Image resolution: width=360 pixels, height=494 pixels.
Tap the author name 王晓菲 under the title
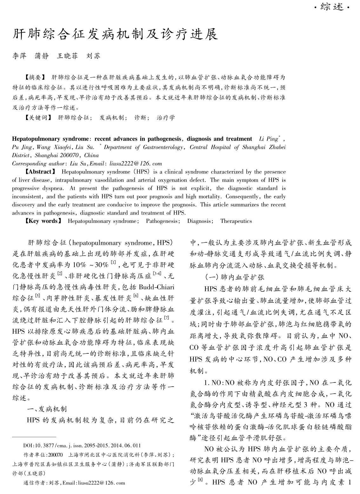[x=67, y=56]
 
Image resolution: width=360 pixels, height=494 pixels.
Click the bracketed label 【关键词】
[x=38, y=118]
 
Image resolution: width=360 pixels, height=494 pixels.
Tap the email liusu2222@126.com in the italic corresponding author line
[x=136, y=164]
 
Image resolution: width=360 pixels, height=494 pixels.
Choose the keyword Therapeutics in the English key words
[x=236, y=221]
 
